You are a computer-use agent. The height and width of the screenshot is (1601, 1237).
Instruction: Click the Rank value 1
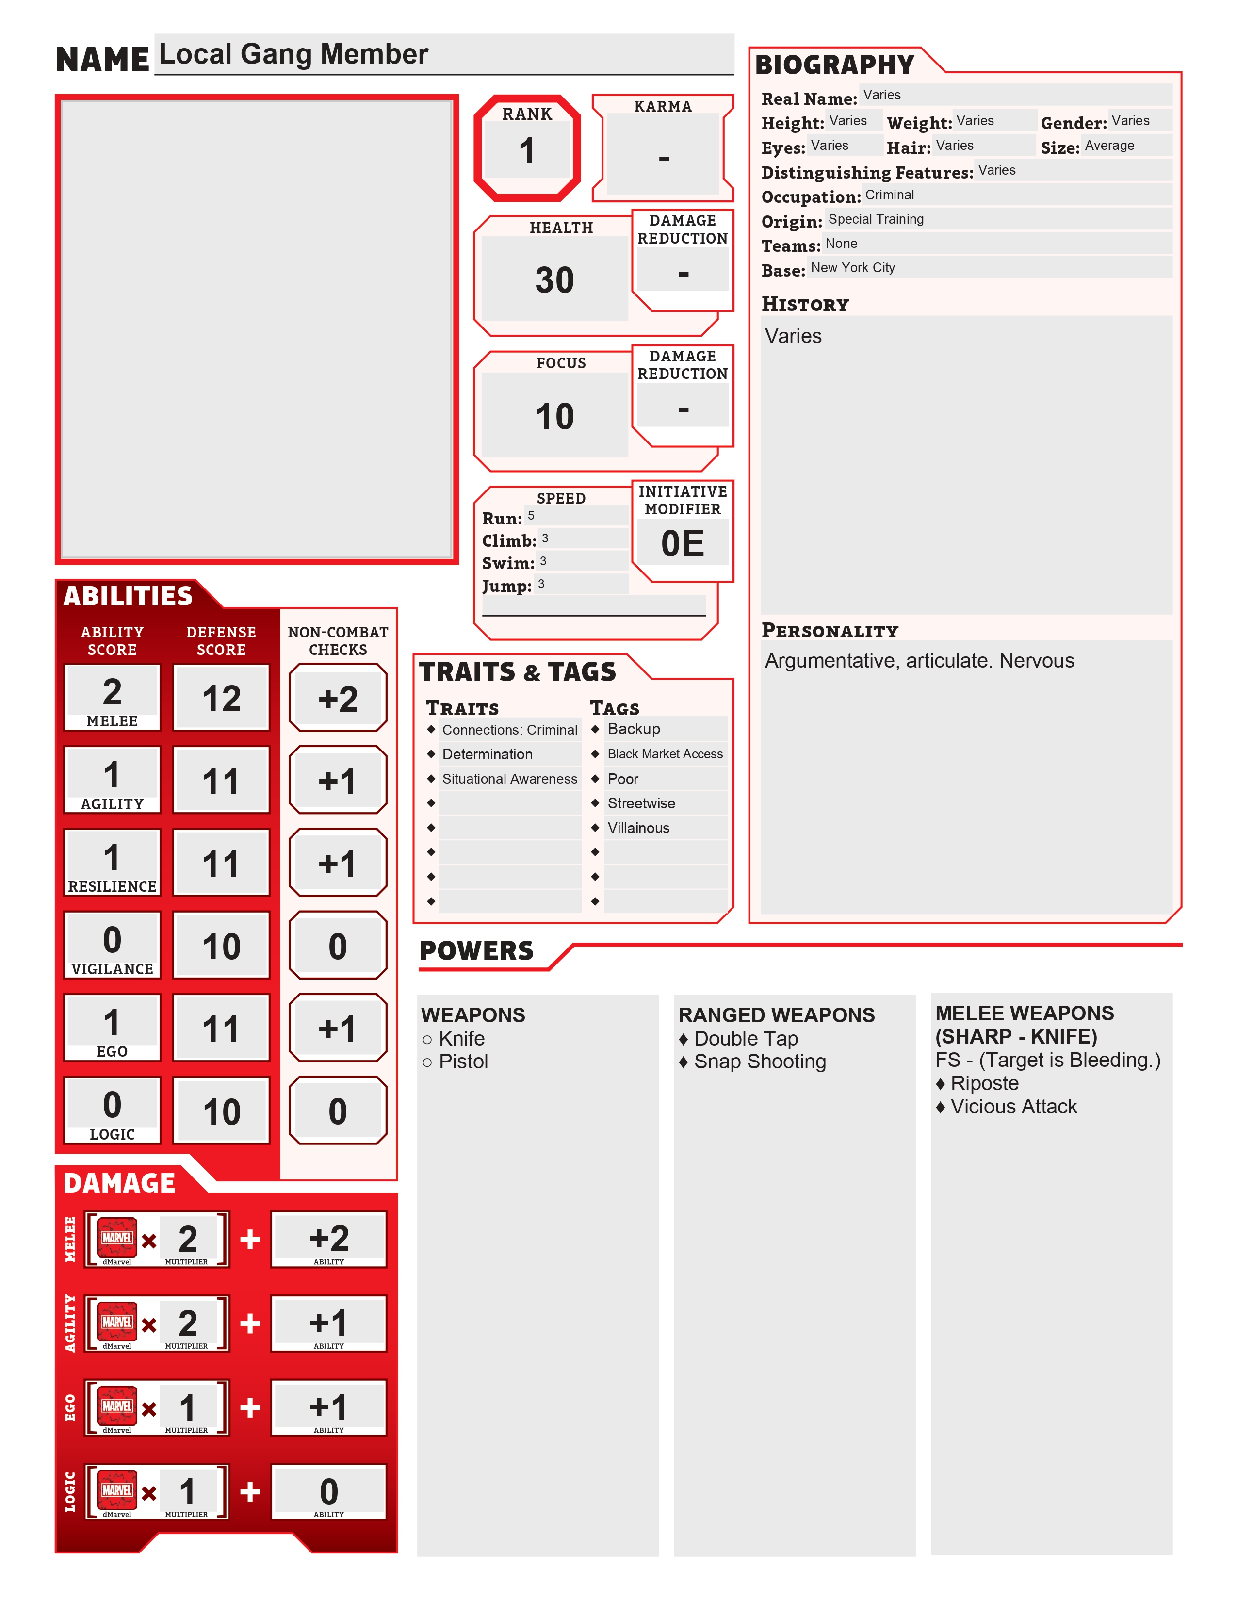tap(526, 152)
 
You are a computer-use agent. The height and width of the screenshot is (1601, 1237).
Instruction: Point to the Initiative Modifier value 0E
tap(682, 544)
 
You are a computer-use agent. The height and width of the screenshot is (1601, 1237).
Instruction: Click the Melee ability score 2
tap(112, 692)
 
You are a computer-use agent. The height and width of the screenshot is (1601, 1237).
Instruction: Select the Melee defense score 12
tap(221, 699)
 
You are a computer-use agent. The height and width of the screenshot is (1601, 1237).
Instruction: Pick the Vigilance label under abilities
tap(112, 969)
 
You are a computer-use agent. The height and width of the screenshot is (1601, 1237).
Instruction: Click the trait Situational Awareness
tap(509, 779)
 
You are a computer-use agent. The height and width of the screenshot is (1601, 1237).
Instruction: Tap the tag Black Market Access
tap(665, 754)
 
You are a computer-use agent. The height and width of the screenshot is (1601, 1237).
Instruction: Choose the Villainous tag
tap(638, 828)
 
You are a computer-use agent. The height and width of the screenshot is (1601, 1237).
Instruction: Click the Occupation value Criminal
tap(890, 195)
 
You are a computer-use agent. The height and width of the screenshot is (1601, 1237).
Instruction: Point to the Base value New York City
tap(853, 268)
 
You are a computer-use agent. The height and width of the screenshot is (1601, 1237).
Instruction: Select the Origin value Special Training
tap(876, 219)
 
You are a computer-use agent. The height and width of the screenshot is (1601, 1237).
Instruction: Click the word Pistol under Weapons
tap(463, 1062)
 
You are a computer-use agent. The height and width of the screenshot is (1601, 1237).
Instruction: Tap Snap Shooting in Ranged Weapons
tap(760, 1062)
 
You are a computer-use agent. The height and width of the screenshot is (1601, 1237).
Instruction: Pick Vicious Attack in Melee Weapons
tap(1013, 1107)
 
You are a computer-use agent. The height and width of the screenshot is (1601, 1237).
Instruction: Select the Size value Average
tap(1109, 146)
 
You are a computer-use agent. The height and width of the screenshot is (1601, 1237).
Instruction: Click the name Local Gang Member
tap(293, 54)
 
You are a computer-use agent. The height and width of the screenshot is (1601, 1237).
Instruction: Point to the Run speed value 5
tap(531, 515)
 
